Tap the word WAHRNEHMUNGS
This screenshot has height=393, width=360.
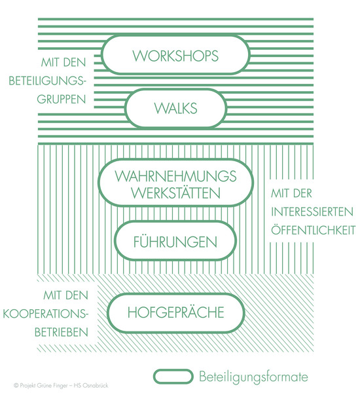(175, 176)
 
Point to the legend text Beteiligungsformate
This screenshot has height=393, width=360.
(253, 377)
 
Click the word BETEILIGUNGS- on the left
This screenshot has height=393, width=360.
(47, 81)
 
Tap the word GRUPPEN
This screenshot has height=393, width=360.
(62, 100)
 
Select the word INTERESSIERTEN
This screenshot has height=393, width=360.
(312, 212)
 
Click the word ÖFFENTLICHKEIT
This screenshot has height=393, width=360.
(313, 230)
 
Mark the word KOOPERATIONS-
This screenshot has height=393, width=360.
(46, 314)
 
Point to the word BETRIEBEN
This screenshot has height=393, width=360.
(62, 333)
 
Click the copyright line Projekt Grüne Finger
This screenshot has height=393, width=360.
(43, 386)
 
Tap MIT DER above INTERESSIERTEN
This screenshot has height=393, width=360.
(292, 193)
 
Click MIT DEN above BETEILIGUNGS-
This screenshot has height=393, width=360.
(63, 62)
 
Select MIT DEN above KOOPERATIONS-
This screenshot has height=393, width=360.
(65, 295)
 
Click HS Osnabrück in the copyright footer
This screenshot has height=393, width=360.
(91, 386)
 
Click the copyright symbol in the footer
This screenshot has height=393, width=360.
(16, 386)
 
